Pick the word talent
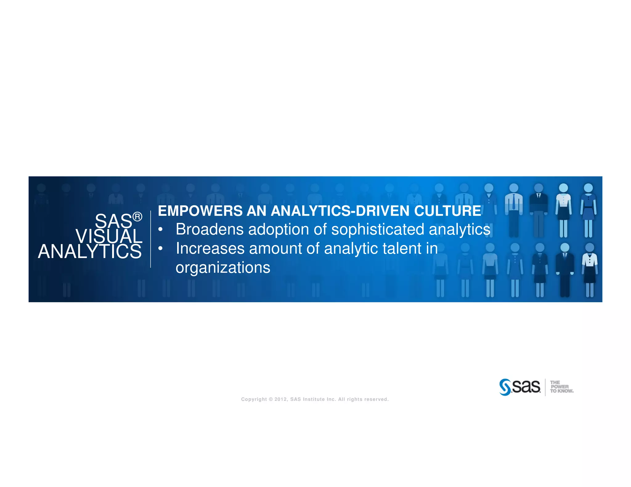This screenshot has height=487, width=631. click(x=402, y=248)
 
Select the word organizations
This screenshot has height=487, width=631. click(x=223, y=268)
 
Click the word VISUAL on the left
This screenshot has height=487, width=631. click(x=109, y=236)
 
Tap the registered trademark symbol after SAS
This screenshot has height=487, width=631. click(x=137, y=217)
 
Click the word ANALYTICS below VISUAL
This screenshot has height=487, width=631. click(x=90, y=252)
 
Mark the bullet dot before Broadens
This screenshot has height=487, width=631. click(x=160, y=229)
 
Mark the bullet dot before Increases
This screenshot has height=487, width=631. click(x=160, y=248)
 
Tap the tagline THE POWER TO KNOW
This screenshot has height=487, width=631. click(x=561, y=387)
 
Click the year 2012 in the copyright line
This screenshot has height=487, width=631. click(x=281, y=399)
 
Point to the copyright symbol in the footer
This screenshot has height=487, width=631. click(x=271, y=399)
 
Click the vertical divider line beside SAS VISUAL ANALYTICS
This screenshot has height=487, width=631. click(x=151, y=239)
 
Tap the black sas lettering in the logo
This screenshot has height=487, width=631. click(x=526, y=387)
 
